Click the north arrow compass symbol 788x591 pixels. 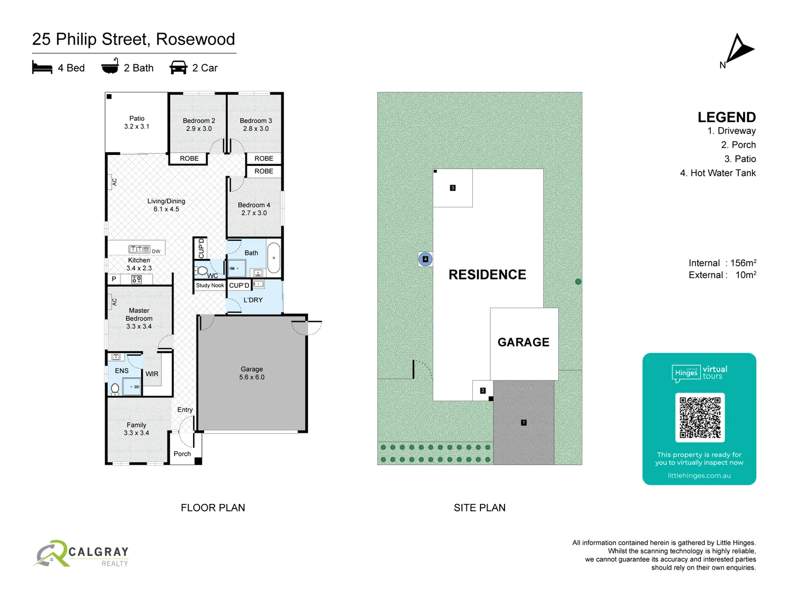[739, 50]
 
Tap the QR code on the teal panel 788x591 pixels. [699, 418]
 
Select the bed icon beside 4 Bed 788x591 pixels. [42, 67]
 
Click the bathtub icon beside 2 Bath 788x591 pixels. [110, 66]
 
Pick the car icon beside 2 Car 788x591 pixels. [178, 67]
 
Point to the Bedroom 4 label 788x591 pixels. [254, 209]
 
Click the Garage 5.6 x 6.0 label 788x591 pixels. [252, 373]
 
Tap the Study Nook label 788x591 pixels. [210, 286]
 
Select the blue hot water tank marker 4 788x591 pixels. [425, 259]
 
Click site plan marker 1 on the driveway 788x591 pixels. [524, 422]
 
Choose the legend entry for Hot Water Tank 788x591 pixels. [717, 173]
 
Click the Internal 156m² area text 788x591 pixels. [722, 263]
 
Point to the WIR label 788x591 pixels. [152, 374]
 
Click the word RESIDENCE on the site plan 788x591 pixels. [487, 275]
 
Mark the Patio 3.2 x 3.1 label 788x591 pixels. [137, 123]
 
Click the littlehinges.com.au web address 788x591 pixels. [699, 476]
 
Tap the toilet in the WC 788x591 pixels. [202, 270]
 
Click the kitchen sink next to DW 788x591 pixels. [139, 249]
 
